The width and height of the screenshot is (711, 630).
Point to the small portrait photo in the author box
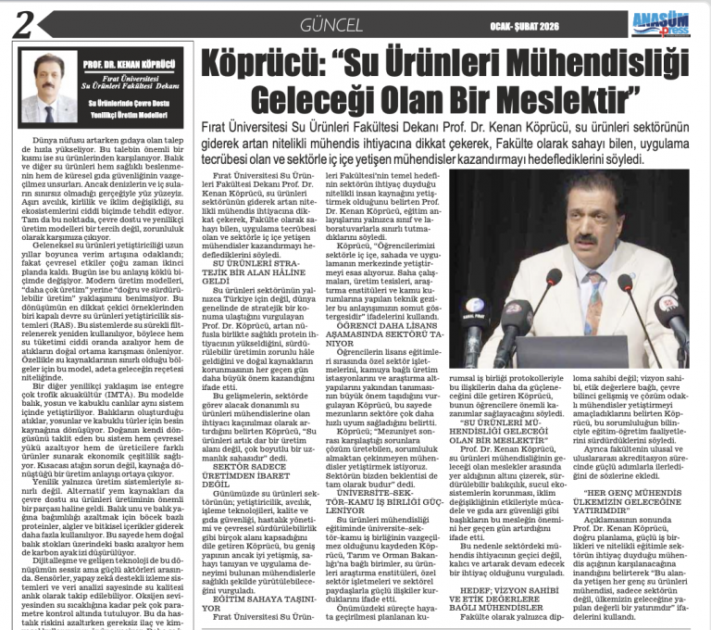click(x=47, y=91)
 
